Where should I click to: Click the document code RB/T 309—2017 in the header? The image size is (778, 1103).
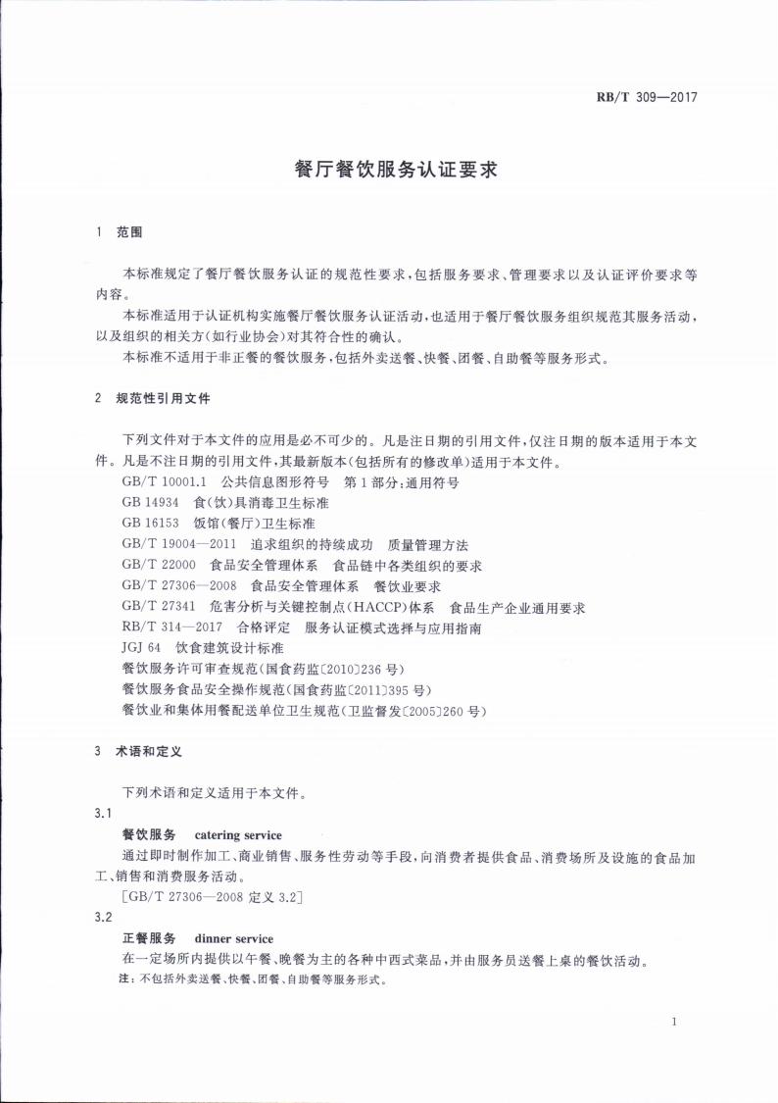click(x=652, y=97)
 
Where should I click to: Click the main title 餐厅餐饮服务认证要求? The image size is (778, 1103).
click(x=397, y=169)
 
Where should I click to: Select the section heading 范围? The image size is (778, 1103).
click(x=130, y=233)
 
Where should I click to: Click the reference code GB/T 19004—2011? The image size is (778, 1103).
click(x=179, y=545)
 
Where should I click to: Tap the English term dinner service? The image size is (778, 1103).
click(x=234, y=938)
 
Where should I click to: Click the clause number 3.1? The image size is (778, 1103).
click(x=103, y=814)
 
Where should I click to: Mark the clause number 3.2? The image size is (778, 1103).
click(x=103, y=918)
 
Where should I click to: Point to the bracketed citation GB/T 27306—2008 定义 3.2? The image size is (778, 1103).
click(x=211, y=897)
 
